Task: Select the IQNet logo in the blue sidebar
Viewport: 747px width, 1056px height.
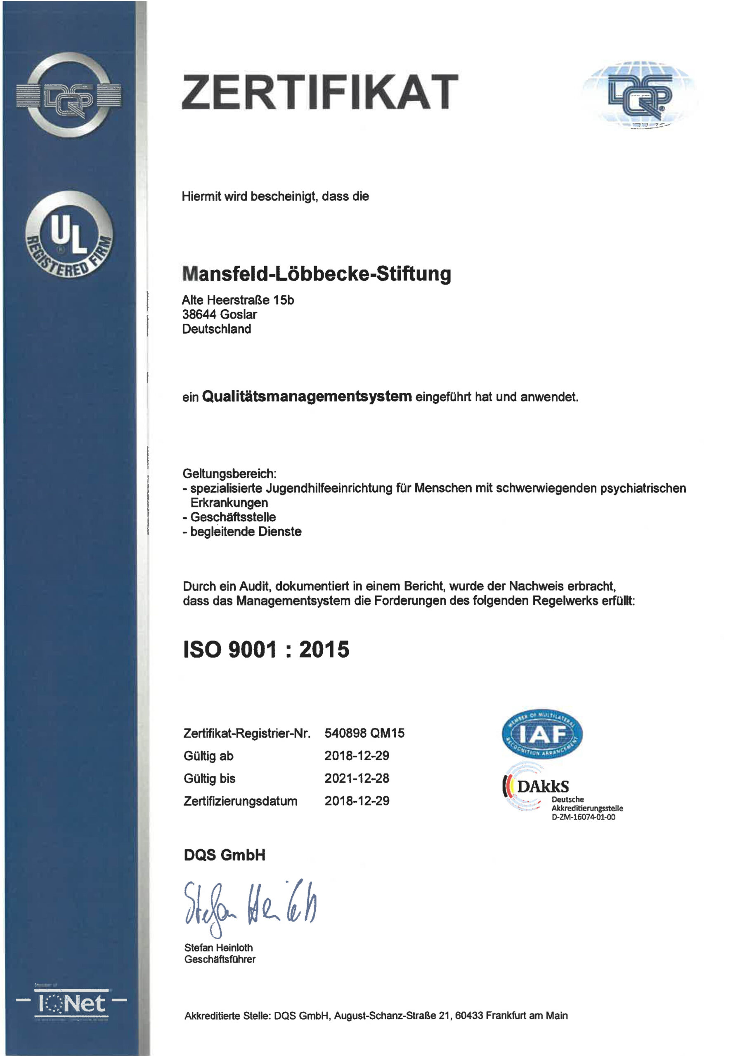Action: point(71,1004)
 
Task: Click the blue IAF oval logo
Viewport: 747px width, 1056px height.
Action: point(542,735)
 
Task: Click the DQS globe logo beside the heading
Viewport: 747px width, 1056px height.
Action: point(640,94)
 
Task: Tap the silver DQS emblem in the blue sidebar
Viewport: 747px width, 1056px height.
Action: point(69,95)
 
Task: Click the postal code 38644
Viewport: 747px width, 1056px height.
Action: point(199,315)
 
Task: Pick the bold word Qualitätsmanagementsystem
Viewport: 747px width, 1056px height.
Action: point(307,396)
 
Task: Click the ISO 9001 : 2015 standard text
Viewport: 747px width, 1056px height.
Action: point(266,649)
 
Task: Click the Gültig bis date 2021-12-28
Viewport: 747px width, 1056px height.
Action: point(357,778)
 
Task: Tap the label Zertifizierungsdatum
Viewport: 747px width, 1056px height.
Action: point(240,801)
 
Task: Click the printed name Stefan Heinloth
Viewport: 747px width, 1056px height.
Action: point(218,948)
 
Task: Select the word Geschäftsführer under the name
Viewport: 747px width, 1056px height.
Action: point(220,959)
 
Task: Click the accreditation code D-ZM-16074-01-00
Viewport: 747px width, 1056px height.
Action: point(583,817)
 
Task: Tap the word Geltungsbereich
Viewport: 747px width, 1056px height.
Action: point(229,473)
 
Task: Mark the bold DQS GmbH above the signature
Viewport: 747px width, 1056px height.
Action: point(225,855)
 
